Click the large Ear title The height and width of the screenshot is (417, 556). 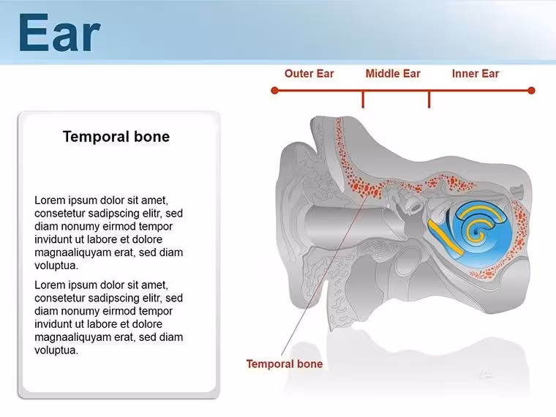(x=59, y=33)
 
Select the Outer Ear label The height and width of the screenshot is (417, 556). (x=309, y=73)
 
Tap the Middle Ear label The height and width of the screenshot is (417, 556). (x=393, y=73)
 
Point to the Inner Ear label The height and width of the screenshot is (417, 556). (x=476, y=73)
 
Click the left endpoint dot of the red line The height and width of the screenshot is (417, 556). (x=274, y=91)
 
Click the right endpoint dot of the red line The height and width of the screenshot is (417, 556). (x=531, y=91)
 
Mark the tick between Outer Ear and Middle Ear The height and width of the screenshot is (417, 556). (x=363, y=99)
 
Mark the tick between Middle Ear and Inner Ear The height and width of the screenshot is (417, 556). (x=429, y=99)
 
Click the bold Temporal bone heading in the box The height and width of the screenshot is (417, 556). (x=116, y=137)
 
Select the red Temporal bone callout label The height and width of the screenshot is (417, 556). (x=285, y=364)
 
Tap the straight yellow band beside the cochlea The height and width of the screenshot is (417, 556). (x=446, y=237)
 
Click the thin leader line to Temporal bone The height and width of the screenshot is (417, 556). (x=325, y=275)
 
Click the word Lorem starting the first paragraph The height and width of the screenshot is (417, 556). (x=50, y=200)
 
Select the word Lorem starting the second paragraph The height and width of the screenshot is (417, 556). (x=50, y=285)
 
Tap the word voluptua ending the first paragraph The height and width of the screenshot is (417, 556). (x=56, y=266)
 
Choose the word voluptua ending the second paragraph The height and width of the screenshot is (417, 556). (x=56, y=350)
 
